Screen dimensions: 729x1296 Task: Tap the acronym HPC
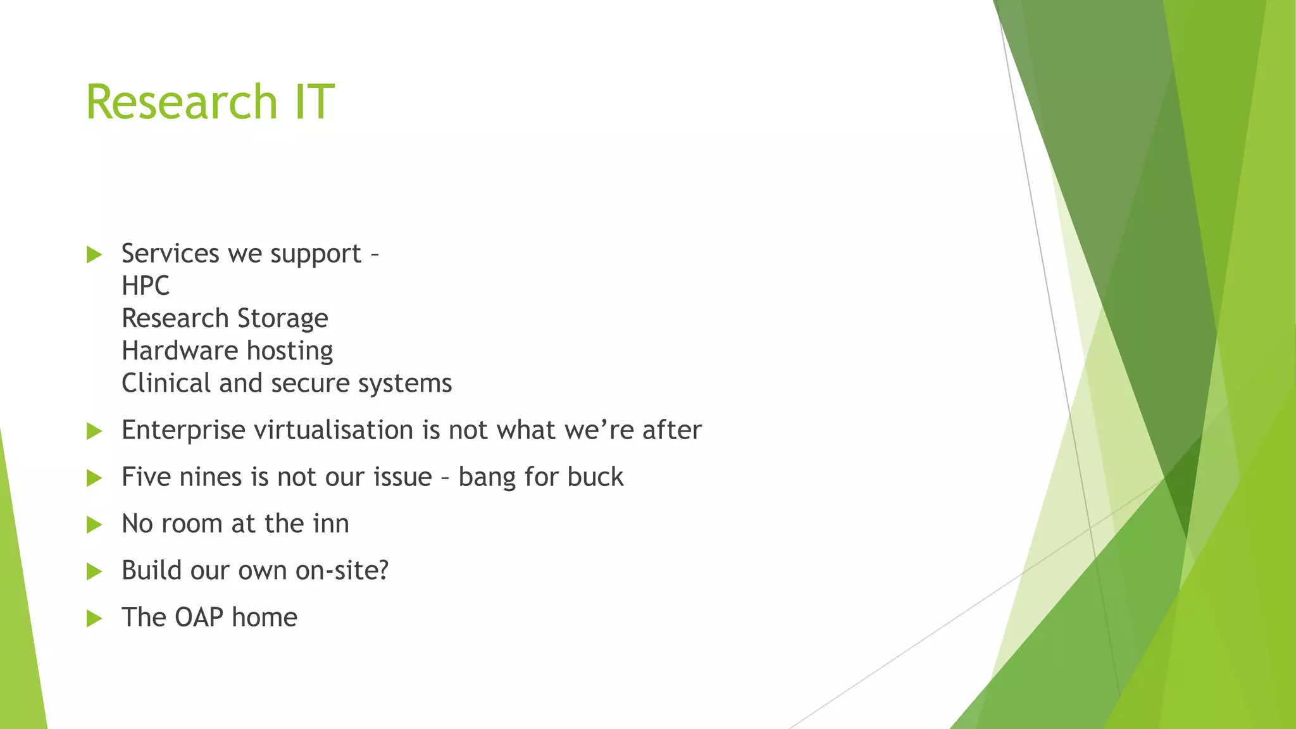click(146, 286)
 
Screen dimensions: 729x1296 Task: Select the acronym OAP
click(199, 618)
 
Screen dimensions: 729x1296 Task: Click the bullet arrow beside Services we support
click(94, 255)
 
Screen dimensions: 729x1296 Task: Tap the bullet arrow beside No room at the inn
click(94, 525)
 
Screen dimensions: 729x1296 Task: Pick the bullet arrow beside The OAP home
click(94, 618)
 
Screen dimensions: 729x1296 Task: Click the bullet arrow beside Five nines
click(94, 478)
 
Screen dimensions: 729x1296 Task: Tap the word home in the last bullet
click(265, 618)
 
